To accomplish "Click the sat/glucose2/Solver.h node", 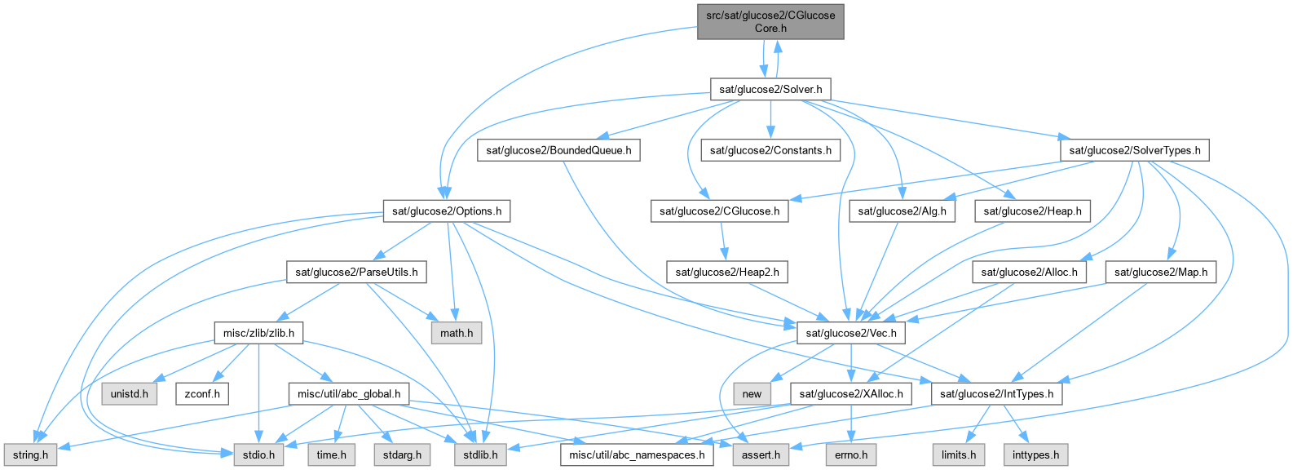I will [x=770, y=89].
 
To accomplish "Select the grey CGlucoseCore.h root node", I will [x=770, y=21].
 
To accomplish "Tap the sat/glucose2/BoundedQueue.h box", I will [x=558, y=150].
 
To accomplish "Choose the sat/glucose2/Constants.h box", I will [x=770, y=150].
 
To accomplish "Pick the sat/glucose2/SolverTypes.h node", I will [x=1134, y=150].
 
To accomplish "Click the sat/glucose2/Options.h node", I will [x=447, y=211].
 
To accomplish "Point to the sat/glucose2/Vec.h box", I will [x=850, y=333].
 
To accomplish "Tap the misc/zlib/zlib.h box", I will [x=258, y=333].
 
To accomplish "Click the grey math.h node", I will [x=457, y=333].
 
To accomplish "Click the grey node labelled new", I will [x=752, y=394].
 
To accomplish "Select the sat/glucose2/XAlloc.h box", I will [x=851, y=394].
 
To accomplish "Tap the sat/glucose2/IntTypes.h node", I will [x=996, y=394].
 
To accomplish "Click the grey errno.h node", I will [x=851, y=454].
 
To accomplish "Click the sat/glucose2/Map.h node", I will [x=1161, y=272].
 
